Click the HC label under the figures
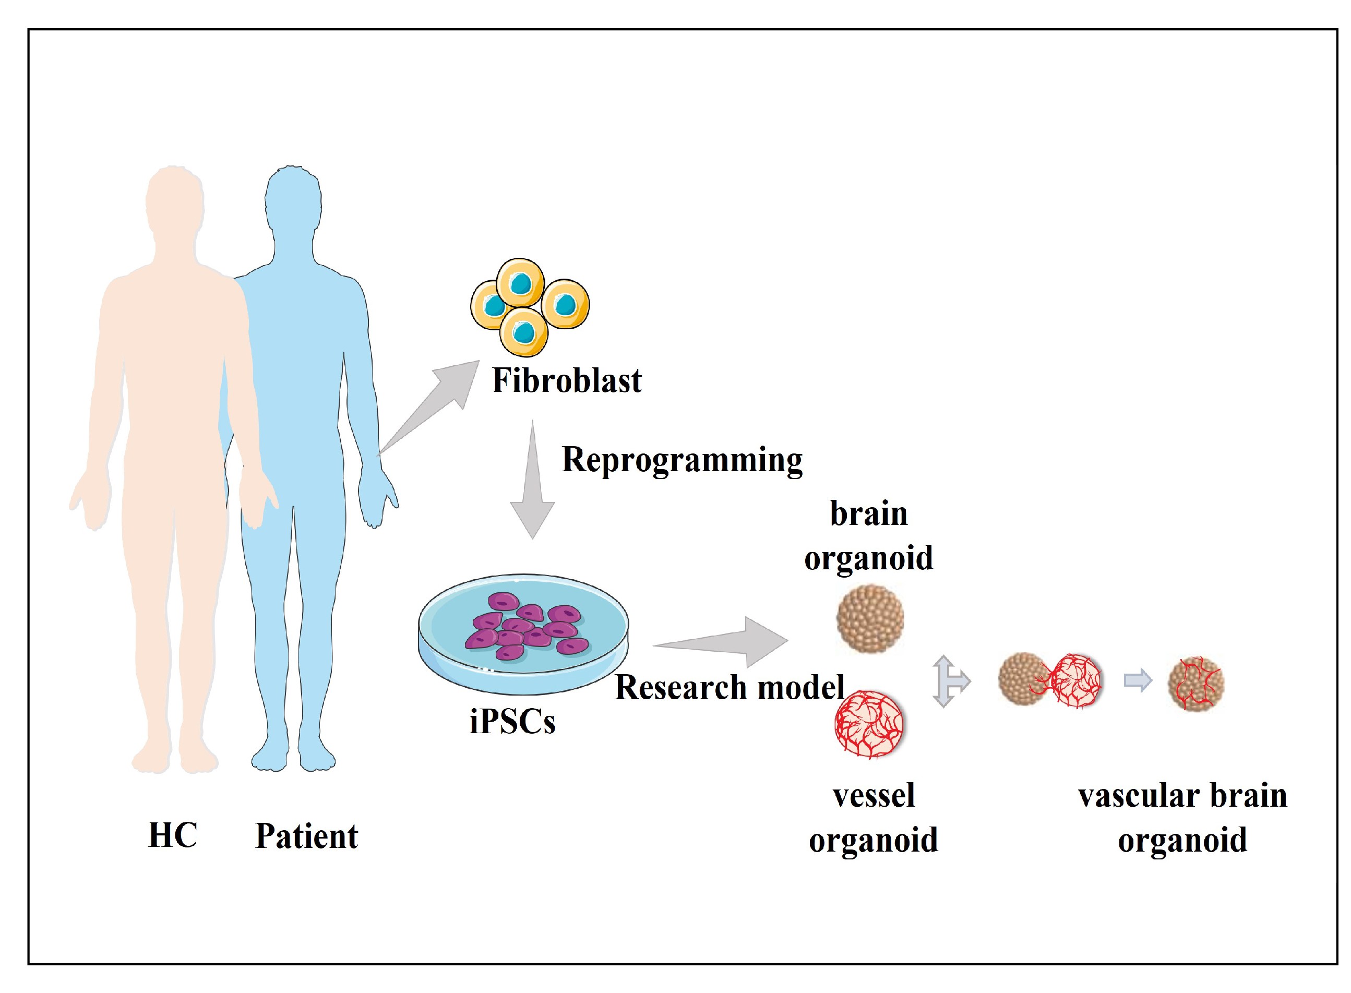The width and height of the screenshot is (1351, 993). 173,835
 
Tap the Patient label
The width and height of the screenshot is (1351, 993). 306,836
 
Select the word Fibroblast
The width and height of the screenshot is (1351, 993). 567,380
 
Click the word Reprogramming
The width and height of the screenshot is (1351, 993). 682,460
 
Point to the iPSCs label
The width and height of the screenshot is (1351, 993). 512,721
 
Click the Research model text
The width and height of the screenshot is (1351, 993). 730,687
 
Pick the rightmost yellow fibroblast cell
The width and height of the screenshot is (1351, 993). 565,305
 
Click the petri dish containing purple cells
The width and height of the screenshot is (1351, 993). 523,634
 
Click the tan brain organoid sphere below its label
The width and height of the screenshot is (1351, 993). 869,619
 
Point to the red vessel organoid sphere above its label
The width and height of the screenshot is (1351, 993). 868,724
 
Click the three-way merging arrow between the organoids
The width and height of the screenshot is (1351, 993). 950,681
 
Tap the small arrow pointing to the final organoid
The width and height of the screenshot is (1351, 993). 1137,681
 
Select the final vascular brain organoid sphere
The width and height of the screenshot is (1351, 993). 1195,684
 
